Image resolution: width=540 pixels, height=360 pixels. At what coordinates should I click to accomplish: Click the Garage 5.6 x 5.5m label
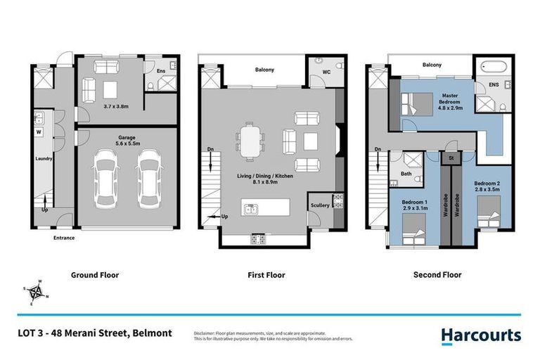(127, 140)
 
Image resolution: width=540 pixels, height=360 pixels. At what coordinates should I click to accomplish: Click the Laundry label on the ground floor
(44, 159)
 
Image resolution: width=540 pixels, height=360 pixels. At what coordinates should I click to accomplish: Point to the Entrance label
(63, 238)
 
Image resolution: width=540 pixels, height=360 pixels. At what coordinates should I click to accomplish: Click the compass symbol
(34, 290)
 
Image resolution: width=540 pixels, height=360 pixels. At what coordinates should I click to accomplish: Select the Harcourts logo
(481, 335)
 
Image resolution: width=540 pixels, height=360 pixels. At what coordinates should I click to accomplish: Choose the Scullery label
(319, 205)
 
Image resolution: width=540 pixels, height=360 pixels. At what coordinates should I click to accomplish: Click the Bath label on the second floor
(406, 173)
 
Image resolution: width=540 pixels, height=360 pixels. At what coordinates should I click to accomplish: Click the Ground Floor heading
(95, 275)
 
